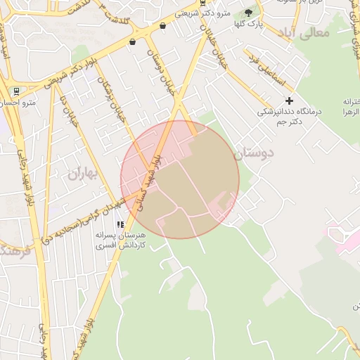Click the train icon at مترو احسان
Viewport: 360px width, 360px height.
15,91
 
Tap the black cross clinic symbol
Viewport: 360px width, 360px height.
289,101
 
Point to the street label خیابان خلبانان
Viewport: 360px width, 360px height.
214,44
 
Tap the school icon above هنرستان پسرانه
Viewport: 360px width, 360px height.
120,224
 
